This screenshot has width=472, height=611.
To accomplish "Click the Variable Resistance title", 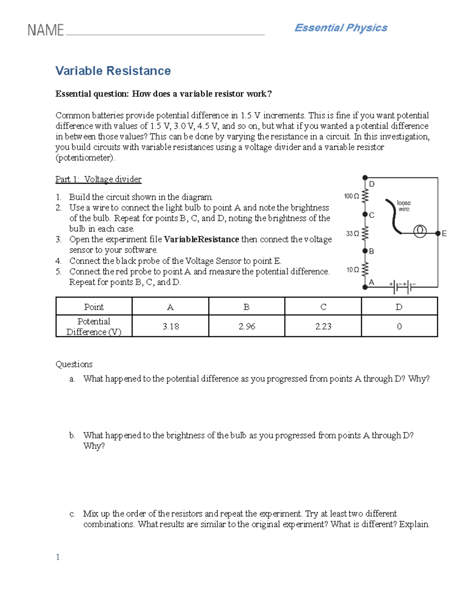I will click(113, 71).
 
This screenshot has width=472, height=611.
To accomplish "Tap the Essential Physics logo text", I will click(341, 28).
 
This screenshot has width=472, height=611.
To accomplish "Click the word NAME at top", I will click(46, 30).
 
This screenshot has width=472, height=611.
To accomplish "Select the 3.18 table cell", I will click(170, 326).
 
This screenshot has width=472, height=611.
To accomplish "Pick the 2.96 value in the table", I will click(247, 326).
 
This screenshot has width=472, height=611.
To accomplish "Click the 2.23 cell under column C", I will click(323, 326).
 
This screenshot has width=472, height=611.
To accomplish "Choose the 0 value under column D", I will click(399, 326).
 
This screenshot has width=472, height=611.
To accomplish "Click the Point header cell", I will click(94, 307).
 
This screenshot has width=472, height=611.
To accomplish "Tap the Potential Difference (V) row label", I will click(94, 327).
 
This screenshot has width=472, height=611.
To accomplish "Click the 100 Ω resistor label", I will click(351, 196).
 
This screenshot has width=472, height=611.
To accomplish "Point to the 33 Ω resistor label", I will click(352, 234).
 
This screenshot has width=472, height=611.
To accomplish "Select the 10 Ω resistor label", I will click(352, 270).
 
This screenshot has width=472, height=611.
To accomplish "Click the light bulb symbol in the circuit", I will click(420, 231).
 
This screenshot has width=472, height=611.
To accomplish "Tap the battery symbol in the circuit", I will click(402, 287).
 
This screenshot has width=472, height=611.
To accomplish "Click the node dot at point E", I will click(438, 233).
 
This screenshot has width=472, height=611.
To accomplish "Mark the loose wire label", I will click(404, 206).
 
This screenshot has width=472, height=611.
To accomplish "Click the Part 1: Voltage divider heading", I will click(98, 179).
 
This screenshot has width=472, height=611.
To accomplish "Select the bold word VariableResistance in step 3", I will click(201, 240).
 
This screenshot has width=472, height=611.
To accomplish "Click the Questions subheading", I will click(74, 364).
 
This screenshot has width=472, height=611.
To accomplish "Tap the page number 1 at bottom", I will click(58, 557).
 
